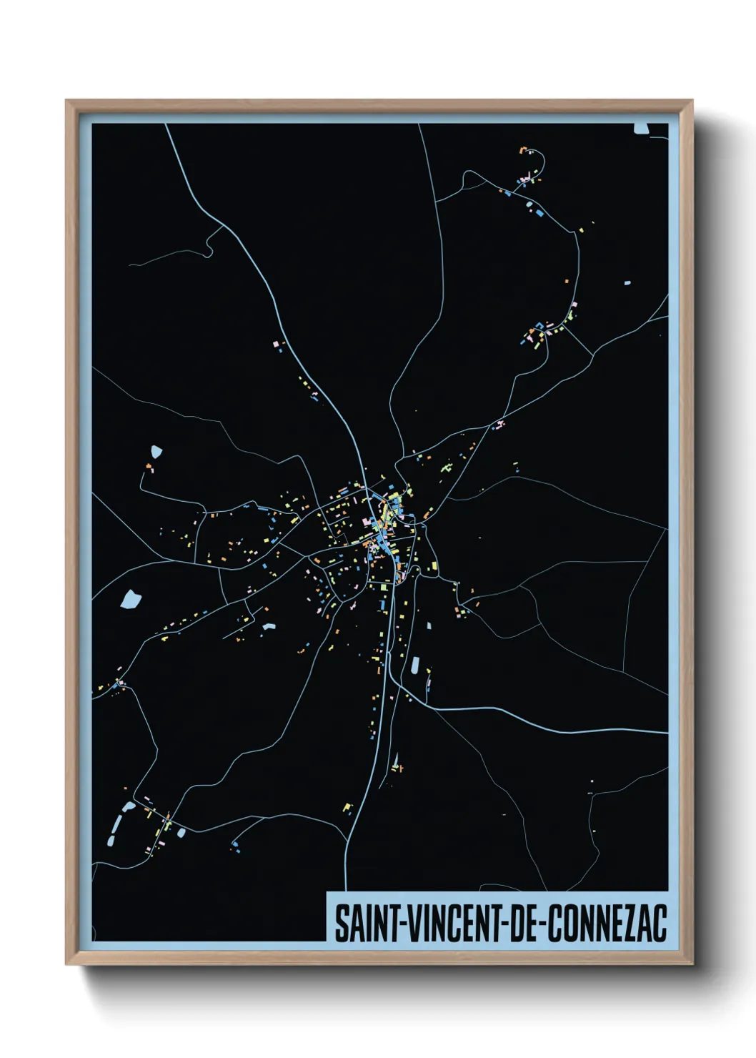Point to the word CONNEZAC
[607, 923]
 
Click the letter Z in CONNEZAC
[630, 923]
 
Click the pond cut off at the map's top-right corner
[641, 129]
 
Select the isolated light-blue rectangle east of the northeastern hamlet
[627, 283]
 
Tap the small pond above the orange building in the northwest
[156, 452]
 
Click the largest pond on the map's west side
[131, 598]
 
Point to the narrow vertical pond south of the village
[414, 666]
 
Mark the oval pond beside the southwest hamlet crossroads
[181, 833]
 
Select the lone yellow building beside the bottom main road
[347, 808]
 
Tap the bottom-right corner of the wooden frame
[692, 964]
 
